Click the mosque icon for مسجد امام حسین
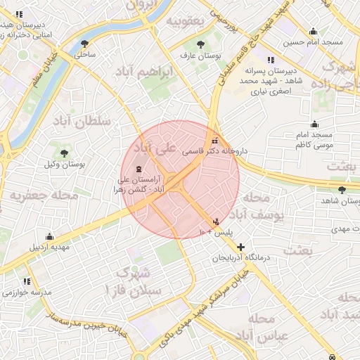[x=313, y=31]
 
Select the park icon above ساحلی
[x=85, y=43]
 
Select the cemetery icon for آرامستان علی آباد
[x=137, y=169]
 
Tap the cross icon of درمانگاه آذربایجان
[x=241, y=247]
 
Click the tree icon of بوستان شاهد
[x=342, y=190]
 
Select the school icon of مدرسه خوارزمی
[x=27, y=281]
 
